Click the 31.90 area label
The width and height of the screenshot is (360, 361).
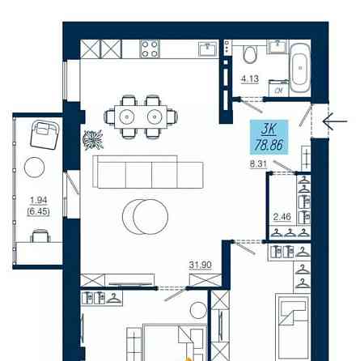coord(201,265)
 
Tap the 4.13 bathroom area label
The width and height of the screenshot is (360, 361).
coord(250,79)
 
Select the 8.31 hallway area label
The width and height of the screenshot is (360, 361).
coord(258,164)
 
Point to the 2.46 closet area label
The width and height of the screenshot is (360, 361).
coord(282,216)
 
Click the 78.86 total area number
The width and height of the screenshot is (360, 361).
coord(269,145)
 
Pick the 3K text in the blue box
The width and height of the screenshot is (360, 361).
coord(269,130)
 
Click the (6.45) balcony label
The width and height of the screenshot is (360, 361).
coord(38,211)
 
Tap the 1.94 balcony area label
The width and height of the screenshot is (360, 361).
coord(39,200)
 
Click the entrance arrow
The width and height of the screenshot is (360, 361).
coord(335,121)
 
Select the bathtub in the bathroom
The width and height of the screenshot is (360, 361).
coord(300,69)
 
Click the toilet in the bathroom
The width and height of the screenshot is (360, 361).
coord(250,54)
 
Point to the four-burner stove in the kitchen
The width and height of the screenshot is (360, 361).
coord(150,49)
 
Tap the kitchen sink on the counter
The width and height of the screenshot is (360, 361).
coord(208,49)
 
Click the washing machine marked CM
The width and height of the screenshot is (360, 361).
coord(279,88)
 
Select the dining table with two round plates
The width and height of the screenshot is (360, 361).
coord(141,117)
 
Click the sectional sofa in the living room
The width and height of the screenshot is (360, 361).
coord(148,172)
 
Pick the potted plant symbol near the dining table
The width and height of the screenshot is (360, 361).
coord(93,139)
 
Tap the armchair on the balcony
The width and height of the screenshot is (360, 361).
coord(44,134)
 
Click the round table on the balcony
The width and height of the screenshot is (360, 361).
coord(34,168)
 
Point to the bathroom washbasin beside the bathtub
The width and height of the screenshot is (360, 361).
coord(277,46)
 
